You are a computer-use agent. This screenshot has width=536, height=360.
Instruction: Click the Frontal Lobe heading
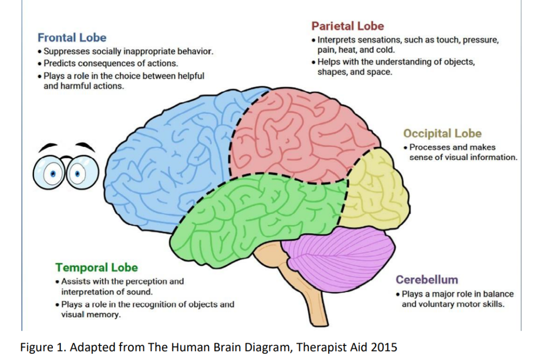click(72, 38)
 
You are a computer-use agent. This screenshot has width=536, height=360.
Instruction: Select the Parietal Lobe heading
click(348, 26)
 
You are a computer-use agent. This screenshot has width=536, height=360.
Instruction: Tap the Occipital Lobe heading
click(442, 133)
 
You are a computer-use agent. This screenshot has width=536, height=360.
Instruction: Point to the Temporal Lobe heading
click(97, 267)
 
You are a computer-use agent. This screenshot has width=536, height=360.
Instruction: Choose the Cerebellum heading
click(427, 279)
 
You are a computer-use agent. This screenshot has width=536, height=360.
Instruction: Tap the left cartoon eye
click(53, 173)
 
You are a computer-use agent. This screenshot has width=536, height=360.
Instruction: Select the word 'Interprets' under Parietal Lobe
click(339, 40)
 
